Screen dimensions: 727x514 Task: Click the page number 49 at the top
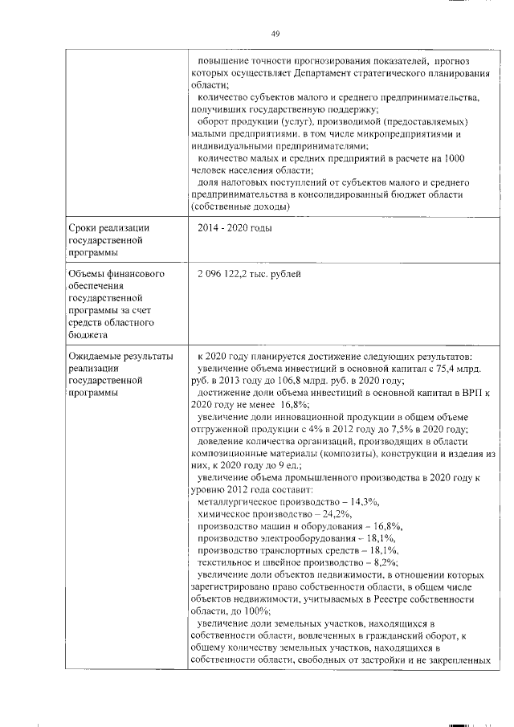275,33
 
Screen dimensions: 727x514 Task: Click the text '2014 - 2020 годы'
235,229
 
